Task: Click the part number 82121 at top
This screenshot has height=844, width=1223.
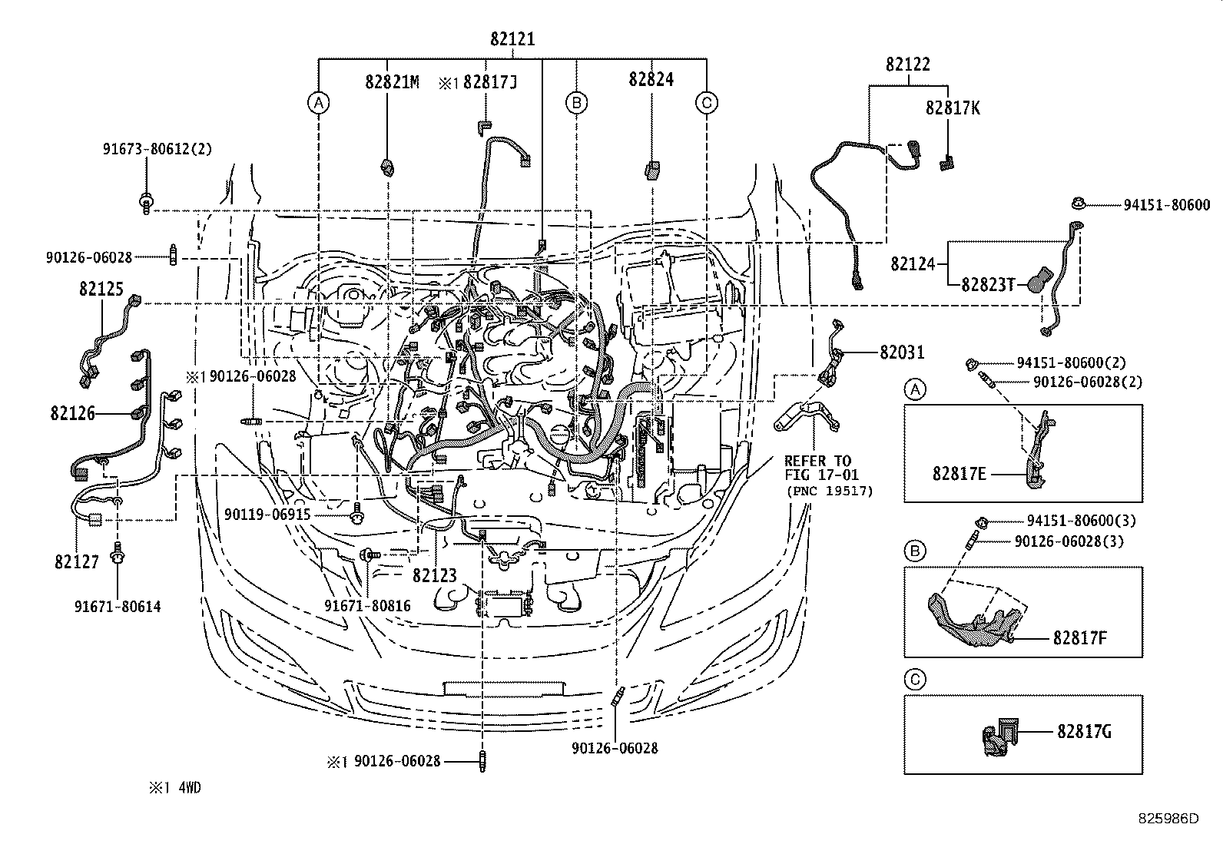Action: [512, 40]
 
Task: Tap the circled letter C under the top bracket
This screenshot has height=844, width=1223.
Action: [707, 102]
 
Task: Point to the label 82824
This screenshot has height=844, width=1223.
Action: [651, 79]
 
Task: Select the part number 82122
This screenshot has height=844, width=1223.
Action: [907, 65]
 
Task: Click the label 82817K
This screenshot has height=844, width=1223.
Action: [953, 108]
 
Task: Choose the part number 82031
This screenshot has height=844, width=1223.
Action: [902, 352]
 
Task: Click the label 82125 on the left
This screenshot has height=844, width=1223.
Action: [101, 290]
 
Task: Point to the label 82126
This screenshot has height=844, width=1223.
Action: [73, 414]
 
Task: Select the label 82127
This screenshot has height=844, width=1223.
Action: [77, 561]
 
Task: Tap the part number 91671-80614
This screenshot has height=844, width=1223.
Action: [118, 607]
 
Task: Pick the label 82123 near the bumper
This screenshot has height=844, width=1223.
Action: [435, 574]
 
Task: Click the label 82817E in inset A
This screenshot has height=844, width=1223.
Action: [960, 474]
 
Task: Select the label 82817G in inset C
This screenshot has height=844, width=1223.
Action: [1084, 731]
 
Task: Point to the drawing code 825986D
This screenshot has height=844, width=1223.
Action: [1168, 819]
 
